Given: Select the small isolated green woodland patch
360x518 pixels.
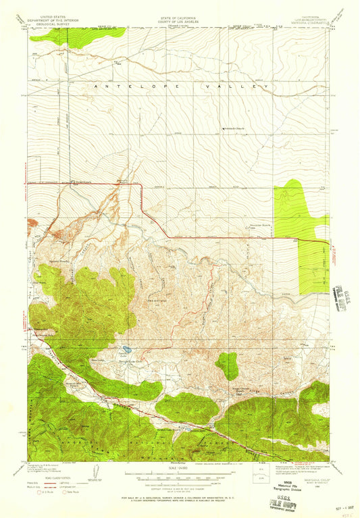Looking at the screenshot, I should (x=227, y=365).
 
